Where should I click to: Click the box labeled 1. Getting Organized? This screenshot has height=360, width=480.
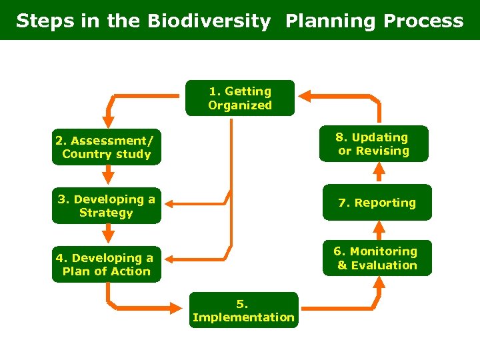(240, 98)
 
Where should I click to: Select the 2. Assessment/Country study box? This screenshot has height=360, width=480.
(107, 147)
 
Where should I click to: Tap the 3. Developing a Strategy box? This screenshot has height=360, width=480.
(107, 206)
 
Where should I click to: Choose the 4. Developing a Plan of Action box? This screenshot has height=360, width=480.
(107, 265)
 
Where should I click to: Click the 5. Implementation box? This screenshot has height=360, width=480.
(243, 310)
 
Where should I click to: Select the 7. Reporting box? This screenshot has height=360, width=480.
(377, 203)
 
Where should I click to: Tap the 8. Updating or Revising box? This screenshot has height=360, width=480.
(373, 144)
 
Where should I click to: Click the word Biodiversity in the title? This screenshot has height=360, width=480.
(209, 21)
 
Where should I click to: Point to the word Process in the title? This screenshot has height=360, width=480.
(423, 21)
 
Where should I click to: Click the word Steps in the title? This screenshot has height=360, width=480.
(41, 21)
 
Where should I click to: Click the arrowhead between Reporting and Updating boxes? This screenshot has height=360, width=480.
(378, 172)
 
